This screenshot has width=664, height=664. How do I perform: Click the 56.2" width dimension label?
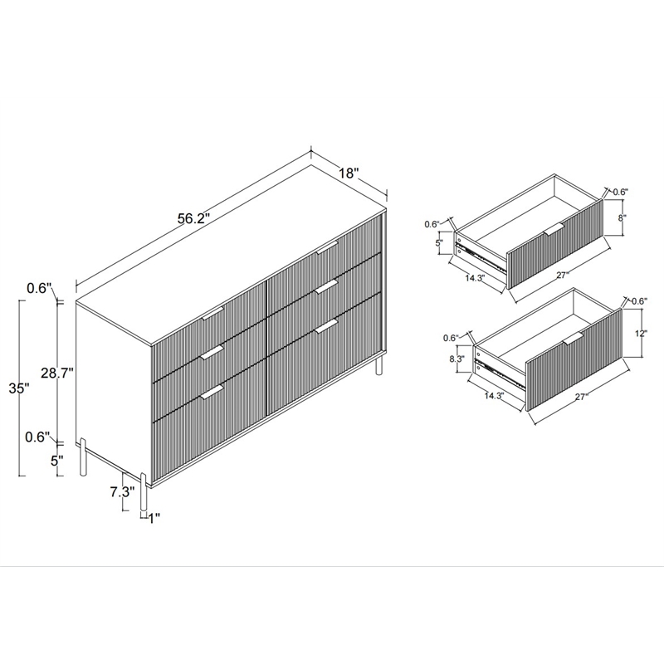click(x=193, y=219)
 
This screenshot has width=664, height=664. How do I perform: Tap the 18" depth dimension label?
click(x=349, y=173)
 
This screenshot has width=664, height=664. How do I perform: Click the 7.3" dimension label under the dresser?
click(x=121, y=491)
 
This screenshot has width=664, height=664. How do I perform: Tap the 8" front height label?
click(x=622, y=219)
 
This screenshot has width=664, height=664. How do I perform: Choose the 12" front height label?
click(x=638, y=334)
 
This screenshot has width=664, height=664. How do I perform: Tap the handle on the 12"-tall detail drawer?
click(x=573, y=339)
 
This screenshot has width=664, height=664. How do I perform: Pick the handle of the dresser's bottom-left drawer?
click(x=212, y=391)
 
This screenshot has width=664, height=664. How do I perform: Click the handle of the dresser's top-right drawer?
click(x=326, y=247)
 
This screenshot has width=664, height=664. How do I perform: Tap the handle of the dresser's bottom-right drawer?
click(x=326, y=325)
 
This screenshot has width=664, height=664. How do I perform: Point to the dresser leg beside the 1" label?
click(x=144, y=491)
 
